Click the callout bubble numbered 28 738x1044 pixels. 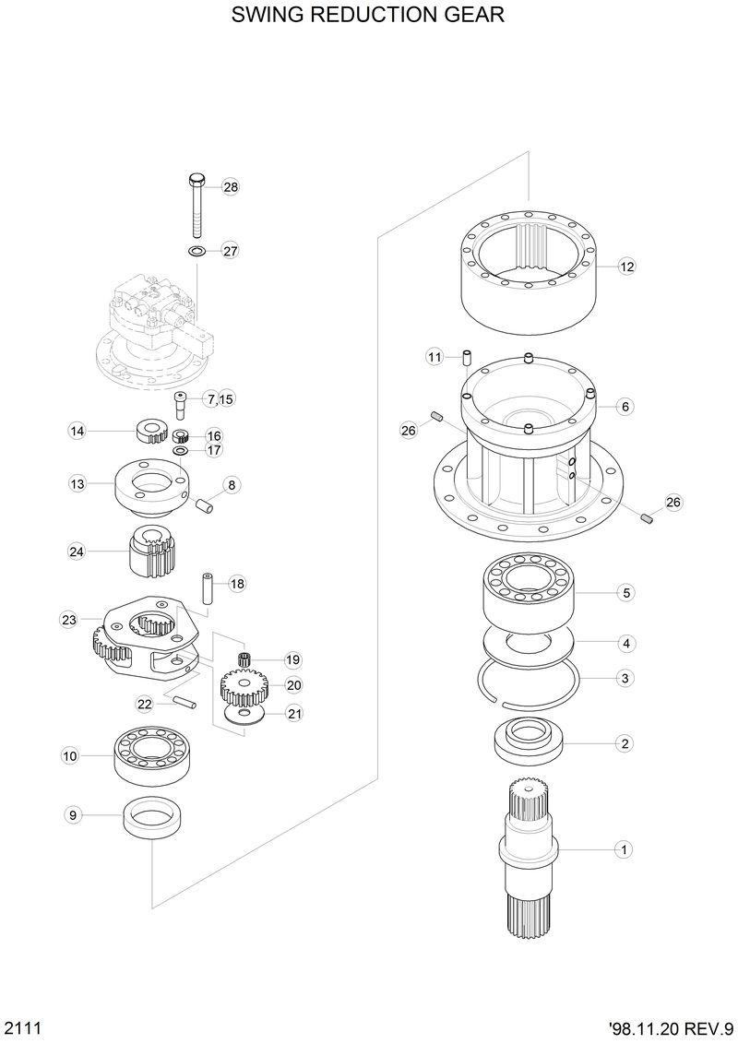pyautogui.click(x=231, y=187)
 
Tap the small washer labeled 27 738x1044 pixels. pyautogui.click(x=196, y=251)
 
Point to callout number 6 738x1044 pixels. pyautogui.click(x=625, y=406)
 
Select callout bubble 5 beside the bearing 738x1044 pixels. pyautogui.click(x=625, y=593)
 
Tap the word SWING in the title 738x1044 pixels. pyautogui.click(x=264, y=16)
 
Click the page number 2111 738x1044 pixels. pyautogui.click(x=20, y=1027)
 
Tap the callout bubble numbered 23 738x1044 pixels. pyautogui.click(x=69, y=620)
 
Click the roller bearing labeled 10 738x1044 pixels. pyautogui.click(x=150, y=754)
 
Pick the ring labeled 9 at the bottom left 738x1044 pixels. pyautogui.click(x=151, y=816)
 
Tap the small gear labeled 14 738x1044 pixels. pyautogui.click(x=149, y=430)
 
